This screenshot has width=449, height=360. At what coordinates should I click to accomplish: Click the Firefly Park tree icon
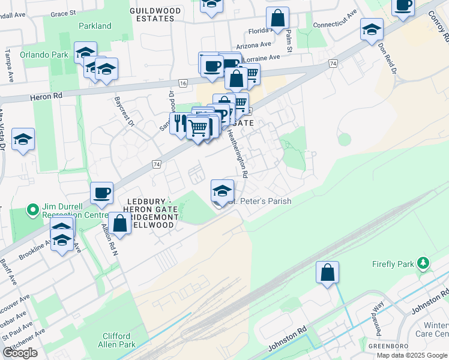[x=424, y=263]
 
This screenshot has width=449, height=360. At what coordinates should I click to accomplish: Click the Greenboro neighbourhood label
[x=385, y=346]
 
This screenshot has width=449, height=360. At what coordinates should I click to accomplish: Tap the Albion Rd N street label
[x=108, y=236]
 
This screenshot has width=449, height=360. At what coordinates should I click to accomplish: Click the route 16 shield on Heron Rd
[x=183, y=83]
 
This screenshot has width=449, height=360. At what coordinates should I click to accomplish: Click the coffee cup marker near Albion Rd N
[x=101, y=193]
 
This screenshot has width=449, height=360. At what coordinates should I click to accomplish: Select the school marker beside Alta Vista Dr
[x=23, y=140]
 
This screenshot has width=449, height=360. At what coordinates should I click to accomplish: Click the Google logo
[x=20, y=353]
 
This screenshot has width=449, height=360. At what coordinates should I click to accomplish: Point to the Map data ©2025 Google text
[x=411, y=355]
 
